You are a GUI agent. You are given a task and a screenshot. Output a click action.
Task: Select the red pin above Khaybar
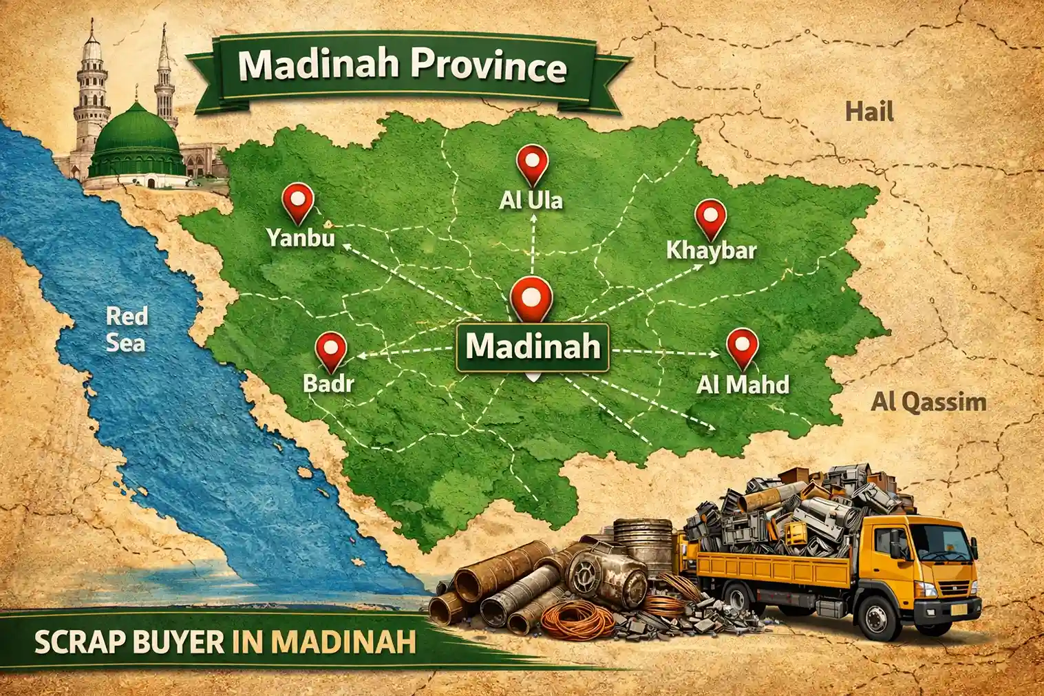point(710,218)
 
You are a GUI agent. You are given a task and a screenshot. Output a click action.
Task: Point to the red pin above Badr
point(330,350)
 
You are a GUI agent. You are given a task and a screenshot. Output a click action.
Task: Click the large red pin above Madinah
point(531,297)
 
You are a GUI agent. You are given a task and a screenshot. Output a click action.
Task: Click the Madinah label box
point(533,346)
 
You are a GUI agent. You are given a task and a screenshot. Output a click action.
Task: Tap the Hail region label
point(869,111)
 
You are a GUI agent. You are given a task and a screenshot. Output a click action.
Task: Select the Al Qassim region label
point(928,401)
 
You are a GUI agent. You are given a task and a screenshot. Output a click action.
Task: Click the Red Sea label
point(127,329)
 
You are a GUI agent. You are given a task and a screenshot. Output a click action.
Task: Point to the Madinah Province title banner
point(403,67)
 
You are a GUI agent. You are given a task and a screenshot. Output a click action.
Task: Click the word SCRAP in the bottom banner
point(81,642)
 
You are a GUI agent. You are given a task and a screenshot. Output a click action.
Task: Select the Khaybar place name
point(710,249)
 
